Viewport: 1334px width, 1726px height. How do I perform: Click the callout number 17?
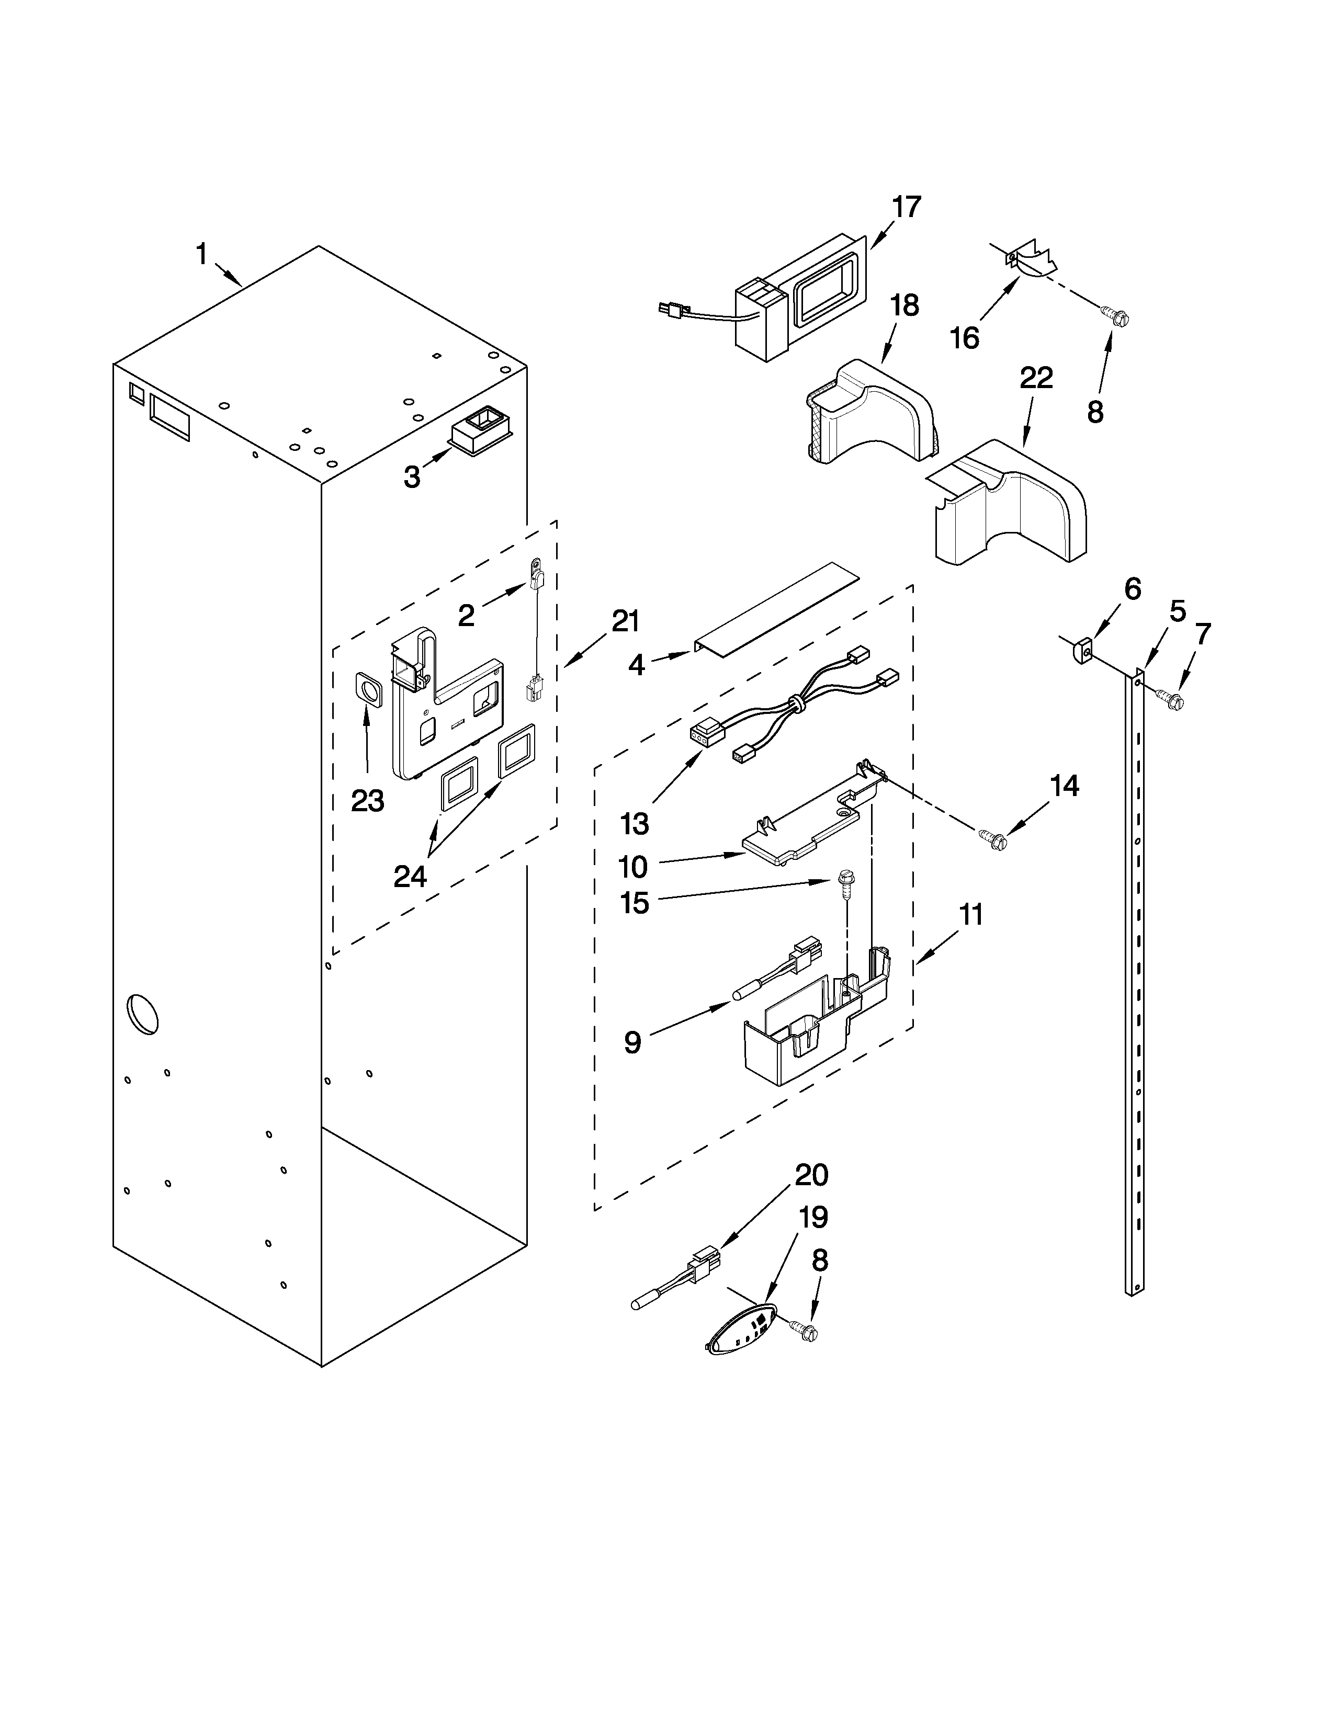907,207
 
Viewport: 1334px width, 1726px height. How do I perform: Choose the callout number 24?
410,876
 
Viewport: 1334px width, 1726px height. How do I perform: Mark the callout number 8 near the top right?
1094,412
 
